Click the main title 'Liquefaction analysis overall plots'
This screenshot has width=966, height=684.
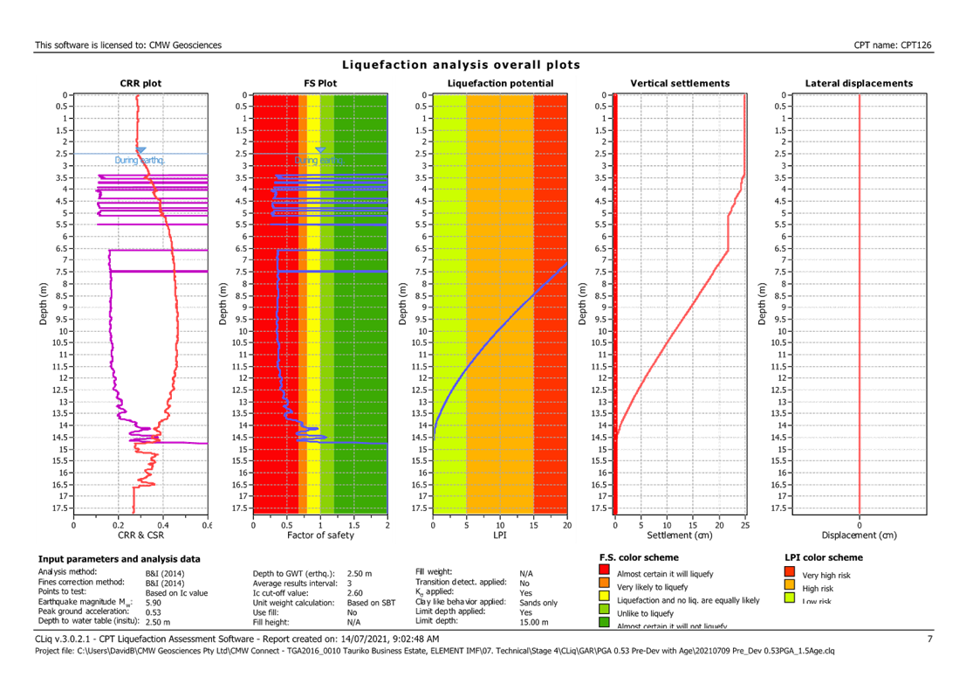click(x=461, y=66)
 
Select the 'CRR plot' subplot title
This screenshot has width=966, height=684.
click(x=140, y=84)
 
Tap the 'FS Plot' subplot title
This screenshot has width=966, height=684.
click(x=320, y=84)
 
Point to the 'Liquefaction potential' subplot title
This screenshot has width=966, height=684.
click(x=500, y=84)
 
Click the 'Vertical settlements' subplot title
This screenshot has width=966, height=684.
click(x=680, y=84)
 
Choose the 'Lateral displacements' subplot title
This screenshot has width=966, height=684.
click(x=860, y=84)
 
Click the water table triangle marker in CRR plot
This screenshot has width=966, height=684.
click(x=140, y=150)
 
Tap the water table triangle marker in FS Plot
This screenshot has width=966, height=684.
click(x=320, y=150)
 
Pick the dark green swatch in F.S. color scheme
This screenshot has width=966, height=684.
click(x=605, y=622)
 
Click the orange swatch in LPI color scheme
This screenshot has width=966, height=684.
click(x=790, y=585)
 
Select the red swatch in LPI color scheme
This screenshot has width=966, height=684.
click(x=790, y=573)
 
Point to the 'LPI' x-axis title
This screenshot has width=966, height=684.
click(x=500, y=535)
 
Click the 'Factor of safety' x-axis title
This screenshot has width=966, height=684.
click(x=320, y=535)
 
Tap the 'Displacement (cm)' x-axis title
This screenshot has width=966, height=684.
click(x=860, y=535)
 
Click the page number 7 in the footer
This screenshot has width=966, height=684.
click(x=930, y=639)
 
